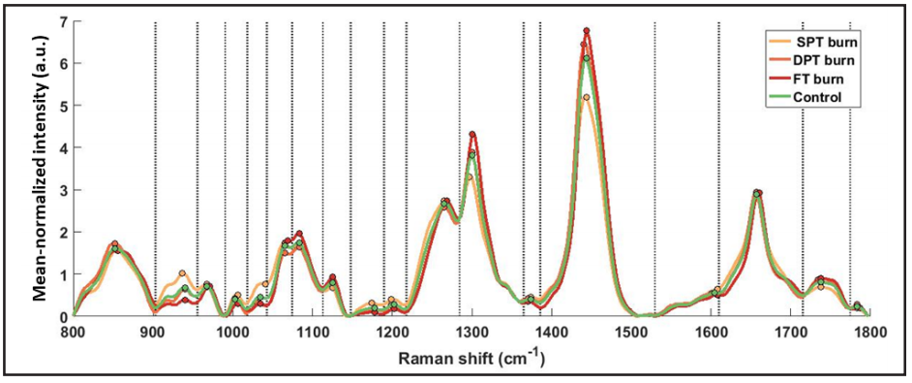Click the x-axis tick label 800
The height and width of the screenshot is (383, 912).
pos(72,331)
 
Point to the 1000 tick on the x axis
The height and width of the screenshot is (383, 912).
pos(231,331)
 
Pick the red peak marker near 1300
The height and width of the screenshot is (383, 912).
pos(472,135)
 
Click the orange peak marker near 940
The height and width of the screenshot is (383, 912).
pos(182,273)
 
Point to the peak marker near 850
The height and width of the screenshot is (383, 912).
pos(114,244)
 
